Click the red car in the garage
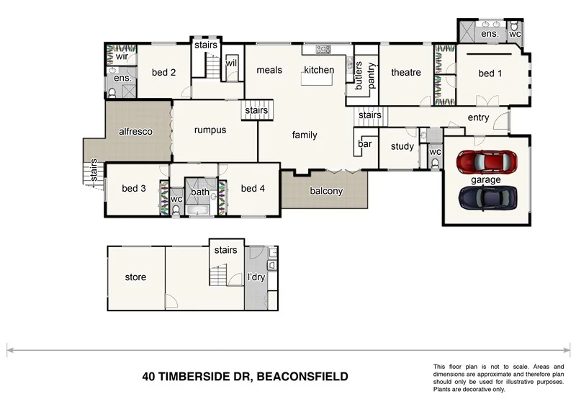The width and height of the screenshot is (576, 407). point(487,162)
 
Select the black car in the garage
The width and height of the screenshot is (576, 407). point(487,195)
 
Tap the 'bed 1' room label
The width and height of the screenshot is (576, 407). point(490,73)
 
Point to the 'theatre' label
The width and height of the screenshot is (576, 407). point(405,73)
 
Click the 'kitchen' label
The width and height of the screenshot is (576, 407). point(318,70)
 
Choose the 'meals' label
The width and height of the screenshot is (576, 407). point(269,70)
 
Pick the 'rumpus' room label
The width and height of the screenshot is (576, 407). point(210,130)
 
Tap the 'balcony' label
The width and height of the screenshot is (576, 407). point(326,191)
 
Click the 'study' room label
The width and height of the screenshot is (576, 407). point(402,147)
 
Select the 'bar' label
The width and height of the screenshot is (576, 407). point(365,144)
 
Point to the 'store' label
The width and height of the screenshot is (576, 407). point(135,277)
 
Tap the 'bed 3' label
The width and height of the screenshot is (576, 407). point(134,189)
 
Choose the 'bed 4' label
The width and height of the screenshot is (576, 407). point(253,189)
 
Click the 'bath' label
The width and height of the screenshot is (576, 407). point(199,192)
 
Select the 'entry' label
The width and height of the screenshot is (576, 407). point(478,118)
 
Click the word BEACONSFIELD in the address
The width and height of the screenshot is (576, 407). point(302,376)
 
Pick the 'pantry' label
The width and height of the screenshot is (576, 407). point(372,75)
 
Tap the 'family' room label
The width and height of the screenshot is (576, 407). point(305,135)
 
